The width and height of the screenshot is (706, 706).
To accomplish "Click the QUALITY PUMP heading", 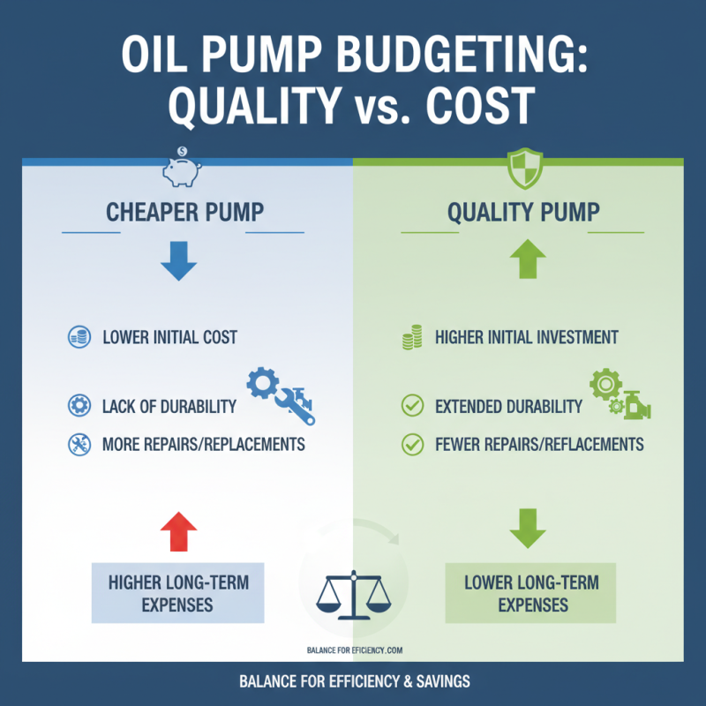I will [x=523, y=213].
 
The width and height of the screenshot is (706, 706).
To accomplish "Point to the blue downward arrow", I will [x=179, y=263].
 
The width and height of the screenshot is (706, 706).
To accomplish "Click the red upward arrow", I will [x=179, y=532].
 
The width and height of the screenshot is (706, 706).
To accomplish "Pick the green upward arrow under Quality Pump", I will [x=528, y=262].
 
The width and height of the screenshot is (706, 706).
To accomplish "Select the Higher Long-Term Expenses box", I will [x=178, y=594].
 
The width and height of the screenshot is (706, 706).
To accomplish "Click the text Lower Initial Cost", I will [x=169, y=337].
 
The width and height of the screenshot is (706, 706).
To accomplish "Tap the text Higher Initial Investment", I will [x=527, y=337].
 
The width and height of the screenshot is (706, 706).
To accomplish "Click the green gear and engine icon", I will [x=620, y=394].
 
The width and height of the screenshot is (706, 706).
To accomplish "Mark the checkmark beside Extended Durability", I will [x=411, y=407].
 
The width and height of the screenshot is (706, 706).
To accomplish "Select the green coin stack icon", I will [x=411, y=337].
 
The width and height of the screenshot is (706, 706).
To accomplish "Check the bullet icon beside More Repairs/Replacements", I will [x=78, y=443].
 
